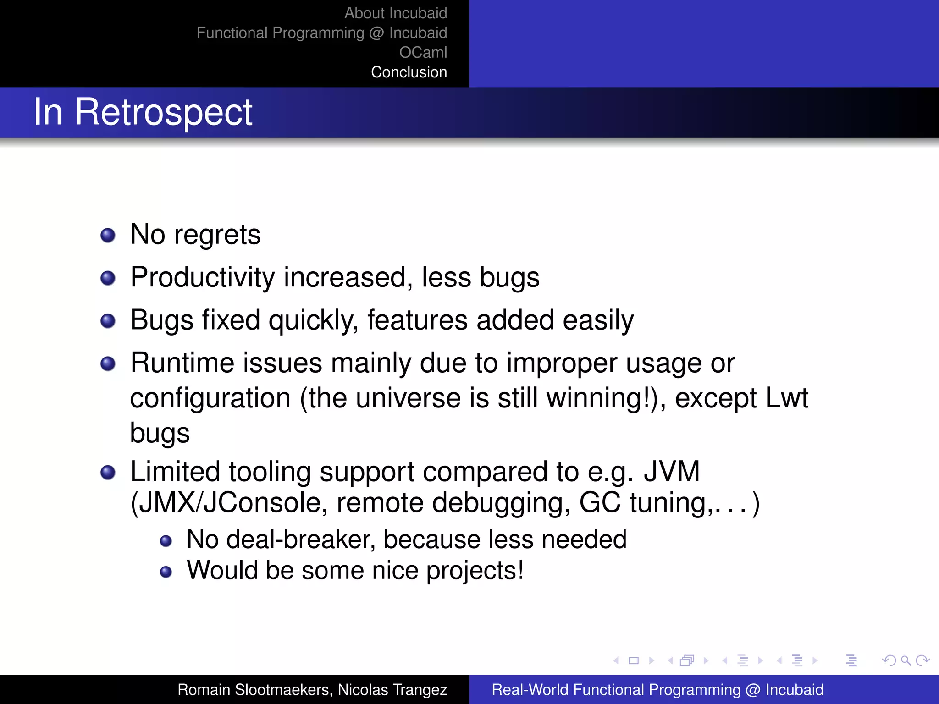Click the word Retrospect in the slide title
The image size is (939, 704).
[x=164, y=112]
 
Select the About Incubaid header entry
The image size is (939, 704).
[x=395, y=13]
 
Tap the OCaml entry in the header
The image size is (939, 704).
[x=423, y=53]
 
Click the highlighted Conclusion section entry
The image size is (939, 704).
[x=409, y=72]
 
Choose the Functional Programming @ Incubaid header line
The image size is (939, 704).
[x=321, y=33]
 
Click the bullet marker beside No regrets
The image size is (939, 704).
[x=108, y=235]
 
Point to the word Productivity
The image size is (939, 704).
[x=202, y=278]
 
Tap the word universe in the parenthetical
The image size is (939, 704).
[x=408, y=398]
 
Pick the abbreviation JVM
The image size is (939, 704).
[x=672, y=471]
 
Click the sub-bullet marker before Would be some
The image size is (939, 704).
[x=166, y=572]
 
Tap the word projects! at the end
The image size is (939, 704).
[x=475, y=571]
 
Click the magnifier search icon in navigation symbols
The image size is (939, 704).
[x=906, y=660]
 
